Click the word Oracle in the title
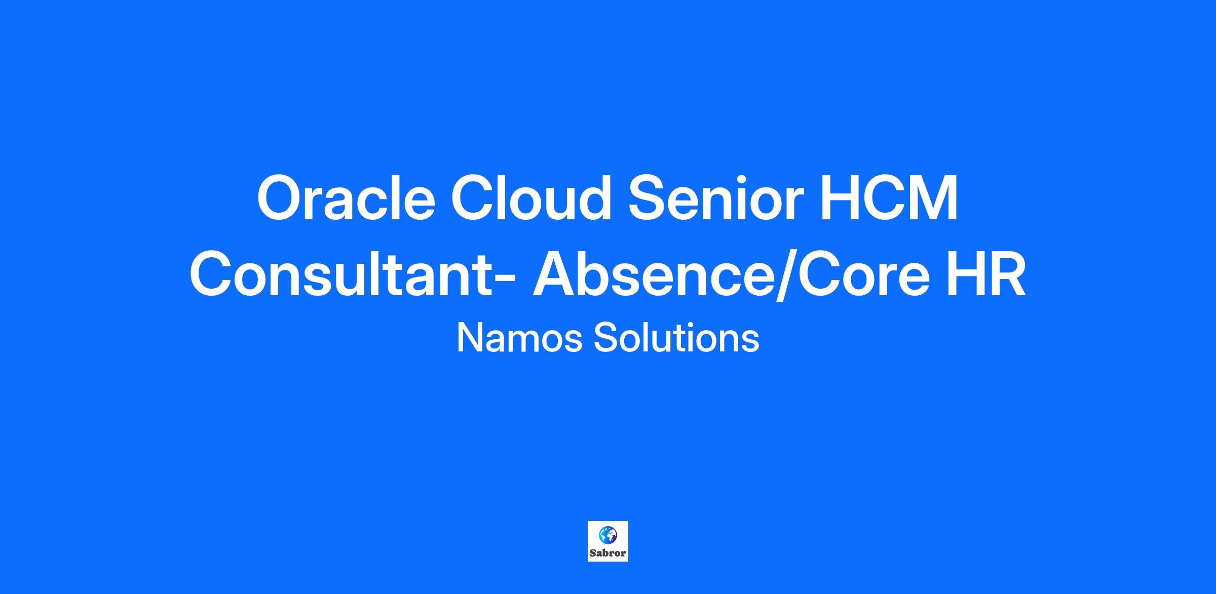pos(346,197)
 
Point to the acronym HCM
pos(889,197)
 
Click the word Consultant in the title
pos(345,274)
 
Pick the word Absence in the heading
pos(654,274)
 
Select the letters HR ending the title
pos(986,274)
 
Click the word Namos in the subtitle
pos(520,338)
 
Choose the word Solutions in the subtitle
pos(676,338)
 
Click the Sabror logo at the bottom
pos(607,541)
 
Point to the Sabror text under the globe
pos(607,553)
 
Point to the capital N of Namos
pos(469,338)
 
